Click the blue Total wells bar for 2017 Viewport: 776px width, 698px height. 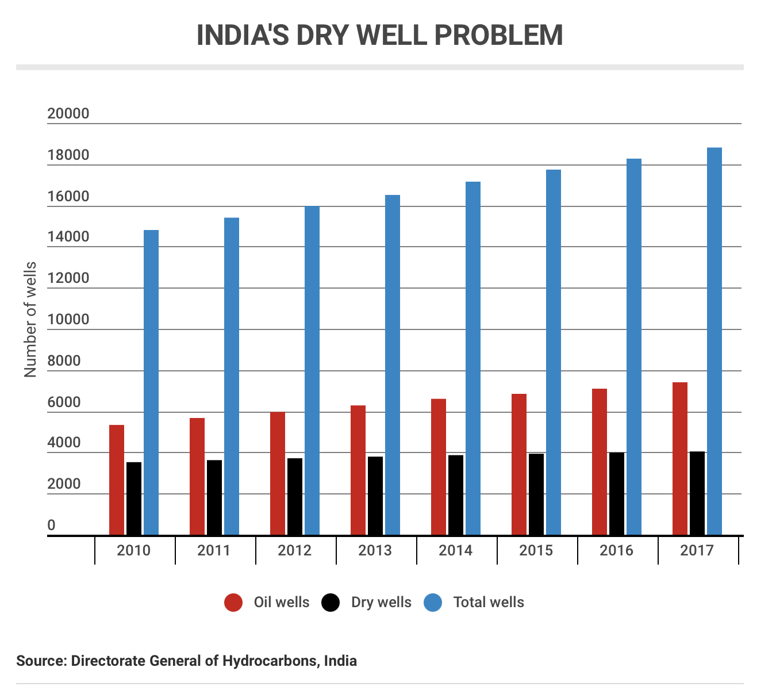pos(714,342)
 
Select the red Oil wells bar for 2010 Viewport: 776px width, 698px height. pos(117,480)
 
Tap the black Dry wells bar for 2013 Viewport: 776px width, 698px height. pos(375,496)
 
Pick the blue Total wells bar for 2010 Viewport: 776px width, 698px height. pos(151,382)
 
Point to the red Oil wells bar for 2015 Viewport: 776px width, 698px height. pos(519,465)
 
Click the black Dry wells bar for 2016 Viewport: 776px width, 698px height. pos(617,494)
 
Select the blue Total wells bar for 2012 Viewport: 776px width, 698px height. pos(312,371)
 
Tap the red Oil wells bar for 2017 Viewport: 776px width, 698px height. pos(680,459)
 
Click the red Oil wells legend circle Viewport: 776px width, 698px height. pos(233,603)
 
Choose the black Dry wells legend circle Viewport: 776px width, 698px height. pos(331,603)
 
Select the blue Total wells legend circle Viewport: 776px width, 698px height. pos(433,603)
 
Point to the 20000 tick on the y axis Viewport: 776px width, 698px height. pos(68,114)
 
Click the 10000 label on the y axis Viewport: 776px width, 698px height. pos(68,320)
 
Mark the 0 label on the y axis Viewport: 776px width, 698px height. pos(52,526)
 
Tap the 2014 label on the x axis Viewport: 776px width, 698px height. pos(455,551)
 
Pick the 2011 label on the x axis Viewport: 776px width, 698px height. pos(214,551)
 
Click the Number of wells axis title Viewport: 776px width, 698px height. pos(30,320)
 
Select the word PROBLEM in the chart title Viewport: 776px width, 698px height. pos(498,36)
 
